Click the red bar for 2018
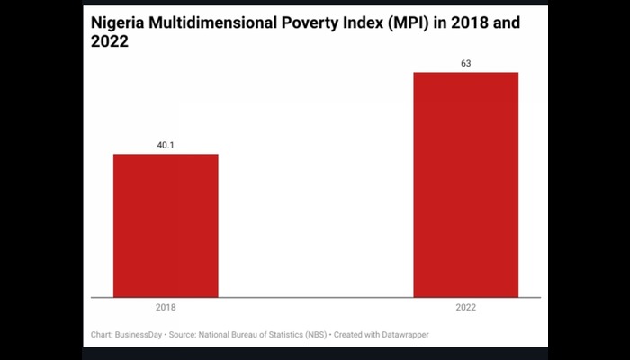(166, 225)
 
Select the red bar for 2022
(465, 184)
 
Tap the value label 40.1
(166, 145)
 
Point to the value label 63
(465, 63)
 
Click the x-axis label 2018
(166, 306)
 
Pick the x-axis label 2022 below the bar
(465, 306)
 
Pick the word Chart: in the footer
(103, 335)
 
